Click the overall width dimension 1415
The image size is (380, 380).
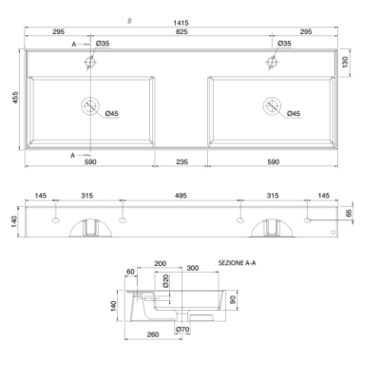(180, 23)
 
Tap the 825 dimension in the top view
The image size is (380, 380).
(181, 31)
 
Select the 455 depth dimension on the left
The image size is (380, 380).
(15, 98)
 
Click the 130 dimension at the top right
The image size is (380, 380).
(345, 62)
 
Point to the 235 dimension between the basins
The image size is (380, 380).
(181, 161)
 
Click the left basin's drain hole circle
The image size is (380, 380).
(90, 105)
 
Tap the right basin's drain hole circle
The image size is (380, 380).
(272, 105)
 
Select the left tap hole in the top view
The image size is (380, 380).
(90, 62)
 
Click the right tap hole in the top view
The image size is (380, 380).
(272, 62)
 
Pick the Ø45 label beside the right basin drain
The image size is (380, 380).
(294, 113)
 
